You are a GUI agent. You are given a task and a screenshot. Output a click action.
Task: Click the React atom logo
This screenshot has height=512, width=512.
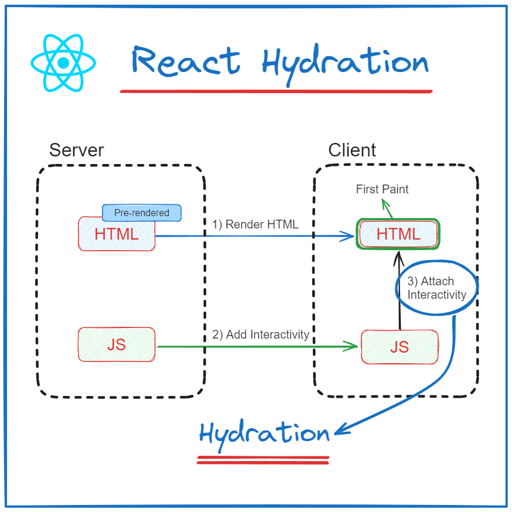[x=63, y=63]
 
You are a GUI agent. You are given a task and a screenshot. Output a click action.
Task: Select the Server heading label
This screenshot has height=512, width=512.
[x=76, y=150]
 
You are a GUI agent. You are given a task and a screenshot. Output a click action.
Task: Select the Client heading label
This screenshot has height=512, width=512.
[x=352, y=150]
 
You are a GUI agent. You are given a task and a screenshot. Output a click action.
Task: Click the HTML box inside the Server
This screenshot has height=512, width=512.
[x=117, y=234]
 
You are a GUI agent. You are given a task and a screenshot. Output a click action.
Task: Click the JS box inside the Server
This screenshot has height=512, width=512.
[x=117, y=344]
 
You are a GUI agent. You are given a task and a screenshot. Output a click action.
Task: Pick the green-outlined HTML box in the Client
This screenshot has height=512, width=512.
[x=398, y=234]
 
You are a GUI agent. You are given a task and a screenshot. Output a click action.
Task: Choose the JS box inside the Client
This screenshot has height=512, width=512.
[x=400, y=347]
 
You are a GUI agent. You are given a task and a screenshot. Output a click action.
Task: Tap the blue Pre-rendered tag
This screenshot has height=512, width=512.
[x=142, y=213]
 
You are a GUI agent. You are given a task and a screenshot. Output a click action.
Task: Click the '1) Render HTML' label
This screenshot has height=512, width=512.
[x=255, y=224]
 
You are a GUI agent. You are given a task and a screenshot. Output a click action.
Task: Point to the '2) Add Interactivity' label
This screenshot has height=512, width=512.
[x=261, y=334]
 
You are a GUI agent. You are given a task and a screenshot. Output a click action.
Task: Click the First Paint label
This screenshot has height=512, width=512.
[x=383, y=189]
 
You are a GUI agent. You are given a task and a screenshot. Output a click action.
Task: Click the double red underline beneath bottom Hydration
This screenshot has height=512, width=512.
[x=264, y=460]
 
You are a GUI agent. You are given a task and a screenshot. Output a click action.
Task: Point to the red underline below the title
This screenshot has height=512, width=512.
[x=276, y=91]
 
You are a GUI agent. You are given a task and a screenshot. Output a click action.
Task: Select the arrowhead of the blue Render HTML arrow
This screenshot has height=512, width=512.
[x=350, y=236]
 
